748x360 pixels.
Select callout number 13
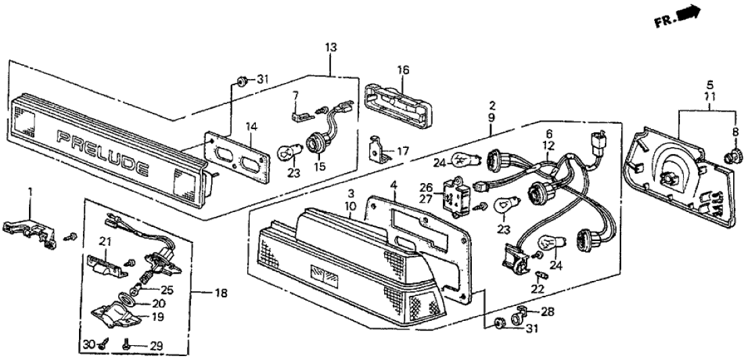329,47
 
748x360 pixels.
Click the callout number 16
402,70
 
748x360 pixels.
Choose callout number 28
547,312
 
